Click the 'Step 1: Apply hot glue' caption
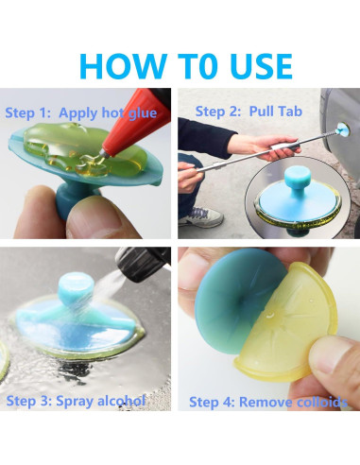(81, 112)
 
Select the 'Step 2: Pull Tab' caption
(249, 112)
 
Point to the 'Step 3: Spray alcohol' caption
(76, 401)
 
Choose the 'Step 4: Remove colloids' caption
(268, 403)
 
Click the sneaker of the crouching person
(201, 217)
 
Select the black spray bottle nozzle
(144, 263)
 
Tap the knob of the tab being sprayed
(76, 289)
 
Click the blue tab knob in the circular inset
(298, 178)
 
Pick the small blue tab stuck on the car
(343, 129)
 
